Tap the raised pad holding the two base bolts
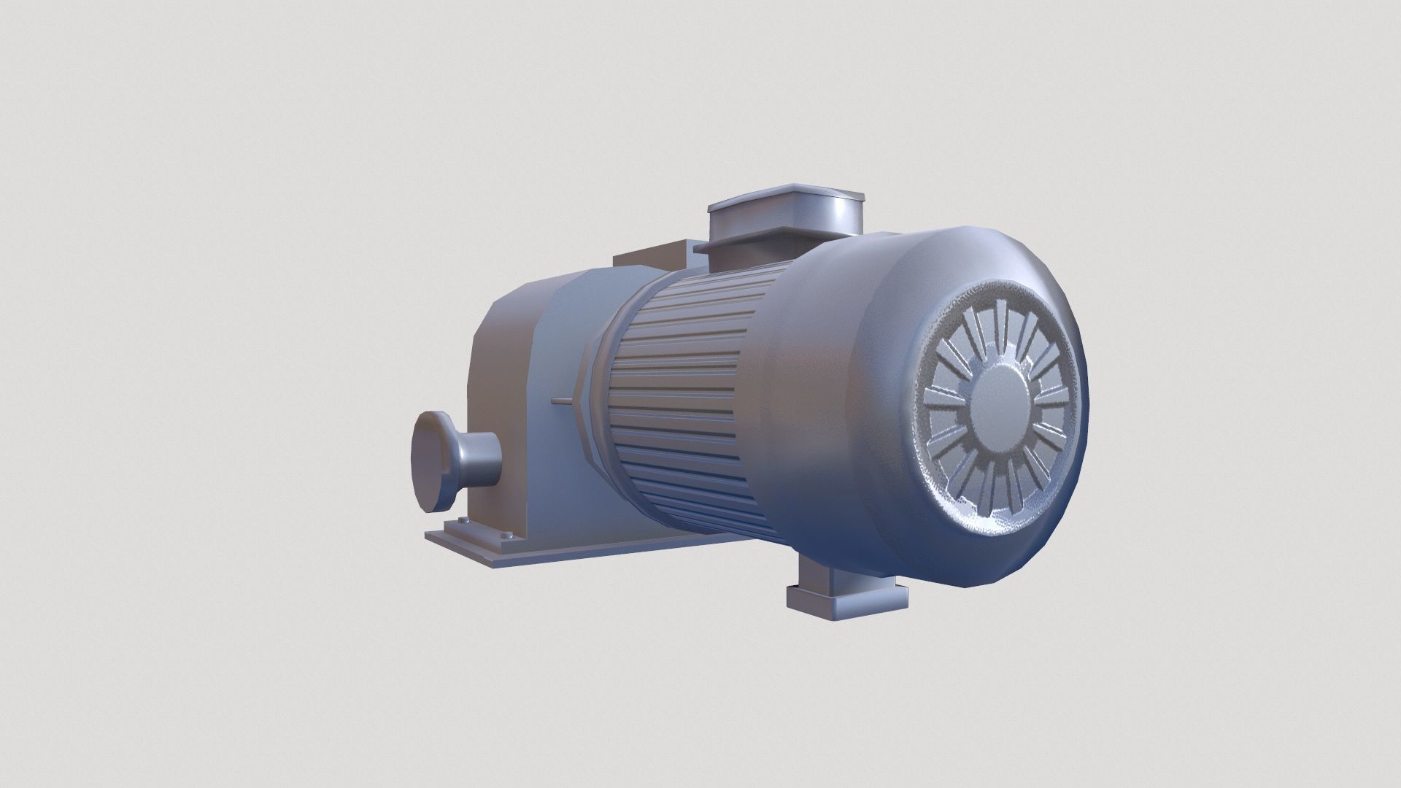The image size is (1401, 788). (485, 531)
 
